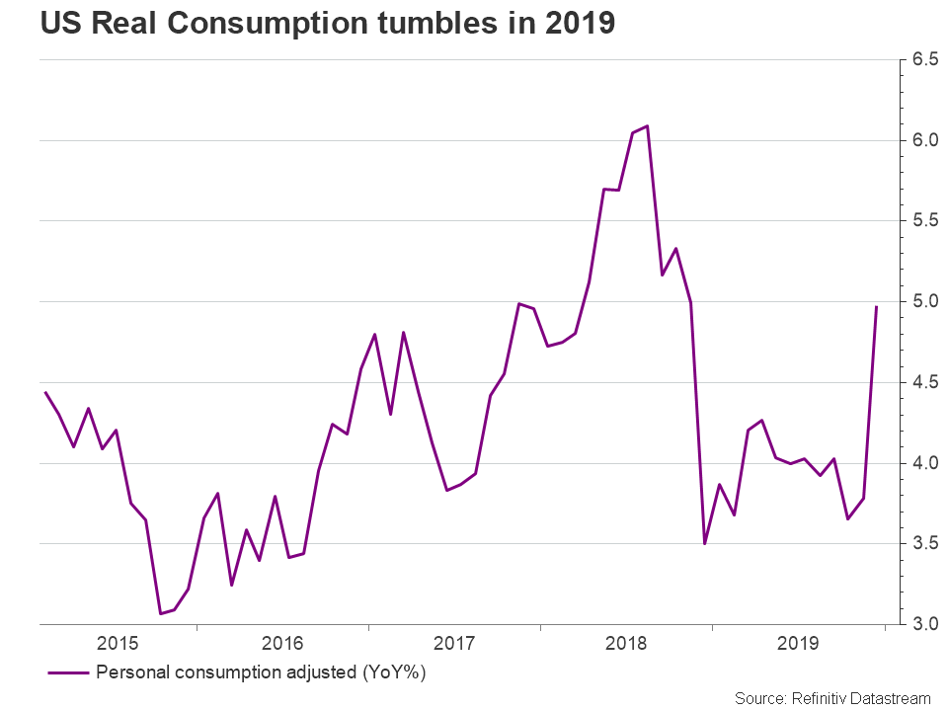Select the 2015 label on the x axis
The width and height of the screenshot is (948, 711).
click(117, 645)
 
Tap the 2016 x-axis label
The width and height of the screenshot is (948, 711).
click(282, 645)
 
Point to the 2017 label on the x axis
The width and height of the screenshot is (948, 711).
click(454, 645)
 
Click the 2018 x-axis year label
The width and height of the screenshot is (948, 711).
click(627, 645)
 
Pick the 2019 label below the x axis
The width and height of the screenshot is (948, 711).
click(799, 645)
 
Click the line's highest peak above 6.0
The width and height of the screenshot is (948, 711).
click(647, 125)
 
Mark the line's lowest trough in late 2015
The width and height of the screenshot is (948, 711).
click(160, 614)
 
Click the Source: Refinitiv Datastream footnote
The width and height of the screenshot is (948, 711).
click(832, 698)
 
